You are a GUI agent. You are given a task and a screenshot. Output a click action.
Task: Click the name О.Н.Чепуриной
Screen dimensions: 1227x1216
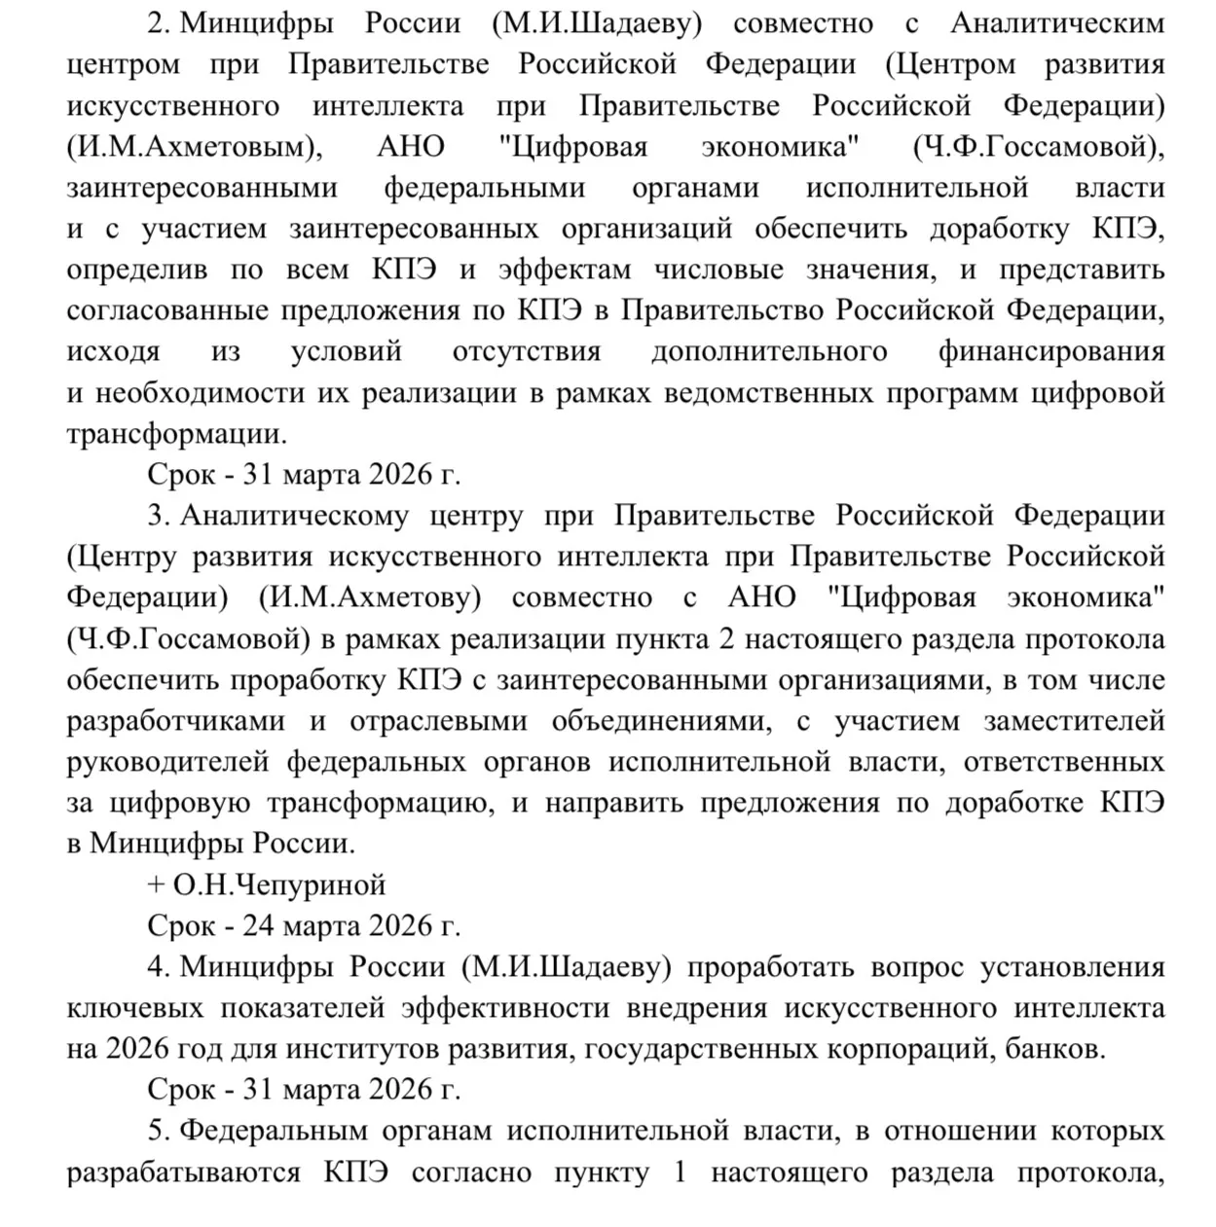279,884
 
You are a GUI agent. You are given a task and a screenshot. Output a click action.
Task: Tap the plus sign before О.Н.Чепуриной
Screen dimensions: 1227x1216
155,885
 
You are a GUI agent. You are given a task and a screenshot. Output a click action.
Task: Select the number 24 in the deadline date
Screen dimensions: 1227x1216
258,925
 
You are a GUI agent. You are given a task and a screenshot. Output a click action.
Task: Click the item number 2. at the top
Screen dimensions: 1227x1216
160,24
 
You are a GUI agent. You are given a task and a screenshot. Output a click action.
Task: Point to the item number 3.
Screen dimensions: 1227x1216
160,516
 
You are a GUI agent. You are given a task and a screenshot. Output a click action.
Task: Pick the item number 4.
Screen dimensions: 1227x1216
160,967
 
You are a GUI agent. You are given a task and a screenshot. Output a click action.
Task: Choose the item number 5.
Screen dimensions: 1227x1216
160,1131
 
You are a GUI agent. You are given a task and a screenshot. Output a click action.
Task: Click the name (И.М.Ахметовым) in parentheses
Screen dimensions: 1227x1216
194,147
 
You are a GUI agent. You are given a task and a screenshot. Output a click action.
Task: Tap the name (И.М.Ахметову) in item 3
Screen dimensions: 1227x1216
370,597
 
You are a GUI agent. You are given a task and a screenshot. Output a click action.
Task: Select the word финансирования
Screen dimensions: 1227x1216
1051,351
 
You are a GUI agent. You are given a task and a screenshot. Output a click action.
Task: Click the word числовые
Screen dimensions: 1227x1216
719,270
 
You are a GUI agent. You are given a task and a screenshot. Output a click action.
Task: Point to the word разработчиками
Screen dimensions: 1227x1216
176,721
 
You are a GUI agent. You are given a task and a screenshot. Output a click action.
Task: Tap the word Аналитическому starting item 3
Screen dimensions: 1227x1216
294,516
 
